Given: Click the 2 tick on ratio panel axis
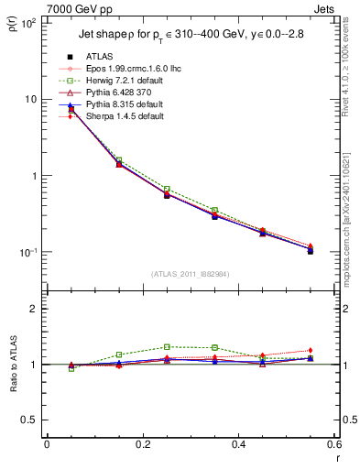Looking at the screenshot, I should click(x=33, y=309).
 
